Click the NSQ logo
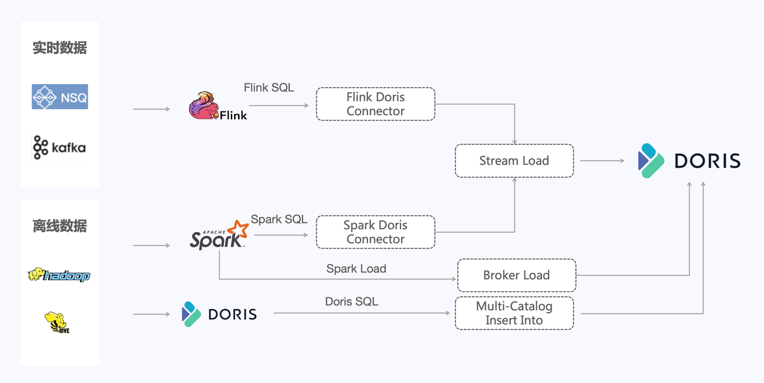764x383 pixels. coord(60,97)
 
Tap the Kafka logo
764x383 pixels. coord(59,147)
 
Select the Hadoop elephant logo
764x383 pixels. coord(58,275)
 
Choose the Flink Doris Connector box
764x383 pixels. coord(375,104)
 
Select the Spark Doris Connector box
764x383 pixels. coord(375,232)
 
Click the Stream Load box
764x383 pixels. coord(514,160)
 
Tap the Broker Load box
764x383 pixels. coord(516,275)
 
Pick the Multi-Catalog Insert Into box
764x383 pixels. coord(514,313)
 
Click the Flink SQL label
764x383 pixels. coord(269,87)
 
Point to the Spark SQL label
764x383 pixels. coord(279,219)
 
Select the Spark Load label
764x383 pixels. coord(356,268)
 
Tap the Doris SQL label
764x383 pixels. coord(352,301)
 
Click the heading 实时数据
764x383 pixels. coord(60,48)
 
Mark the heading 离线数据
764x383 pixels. coord(60,226)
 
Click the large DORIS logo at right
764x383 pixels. coord(689,160)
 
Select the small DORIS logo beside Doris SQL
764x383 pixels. coord(219,314)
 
